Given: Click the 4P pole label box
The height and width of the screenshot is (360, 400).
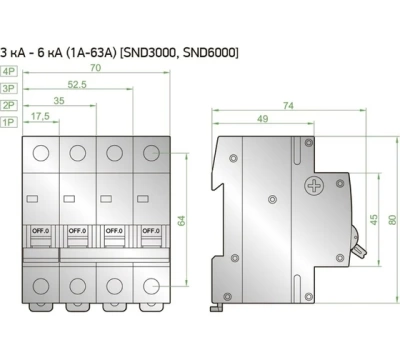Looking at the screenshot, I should pyautogui.click(x=10, y=71).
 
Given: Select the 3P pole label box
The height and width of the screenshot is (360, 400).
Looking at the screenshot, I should pyautogui.click(x=10, y=87).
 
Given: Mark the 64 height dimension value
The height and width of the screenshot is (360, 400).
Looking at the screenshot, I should pyautogui.click(x=183, y=220).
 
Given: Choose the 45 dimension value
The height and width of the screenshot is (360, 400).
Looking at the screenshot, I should pyautogui.click(x=373, y=219).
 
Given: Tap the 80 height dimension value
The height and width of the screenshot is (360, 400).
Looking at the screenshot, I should pyautogui.click(x=391, y=219).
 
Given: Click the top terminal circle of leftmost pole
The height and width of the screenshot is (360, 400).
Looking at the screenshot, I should pyautogui.click(x=42, y=153).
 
